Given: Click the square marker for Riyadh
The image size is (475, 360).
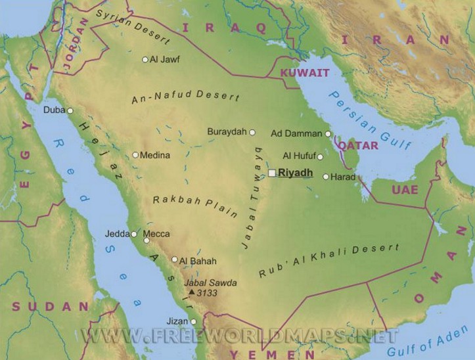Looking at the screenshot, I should point(271,173).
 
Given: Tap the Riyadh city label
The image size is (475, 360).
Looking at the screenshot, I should point(295,173).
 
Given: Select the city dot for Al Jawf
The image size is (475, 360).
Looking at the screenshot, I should point(145,60).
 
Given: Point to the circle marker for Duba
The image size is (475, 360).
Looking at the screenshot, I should point(70,110).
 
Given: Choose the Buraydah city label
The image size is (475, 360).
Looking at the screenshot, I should point(227,131).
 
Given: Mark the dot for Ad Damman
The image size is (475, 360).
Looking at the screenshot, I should point(328,133).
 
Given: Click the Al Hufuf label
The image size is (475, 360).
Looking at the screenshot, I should point(298,156).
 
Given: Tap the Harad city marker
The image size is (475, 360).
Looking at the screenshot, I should point(325,177).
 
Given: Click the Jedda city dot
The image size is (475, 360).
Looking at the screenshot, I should point(134,234).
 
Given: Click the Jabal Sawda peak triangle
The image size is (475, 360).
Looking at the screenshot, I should point(191,292).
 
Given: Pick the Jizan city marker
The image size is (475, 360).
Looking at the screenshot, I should point(193,322).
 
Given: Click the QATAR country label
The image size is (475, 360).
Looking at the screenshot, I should point(358,145).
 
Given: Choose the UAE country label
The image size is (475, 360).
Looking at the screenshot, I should point(404,189).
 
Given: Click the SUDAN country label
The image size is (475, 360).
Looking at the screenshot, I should point(50,306).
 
